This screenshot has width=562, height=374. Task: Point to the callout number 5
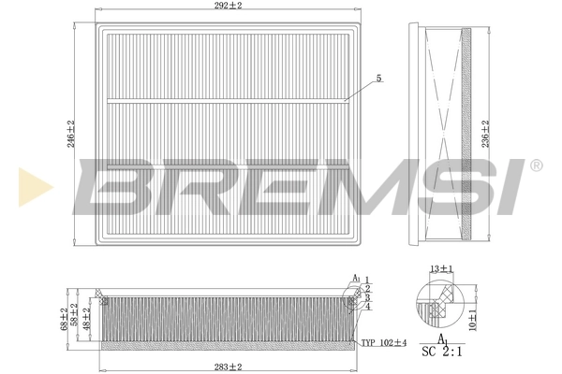tap(378, 78)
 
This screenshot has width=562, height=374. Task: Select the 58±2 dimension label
tap(76, 314)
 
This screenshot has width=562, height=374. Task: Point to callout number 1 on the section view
tap(366, 280)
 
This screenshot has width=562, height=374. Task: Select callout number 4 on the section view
tap(368, 307)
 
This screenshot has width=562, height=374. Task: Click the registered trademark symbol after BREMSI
tap(535, 165)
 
